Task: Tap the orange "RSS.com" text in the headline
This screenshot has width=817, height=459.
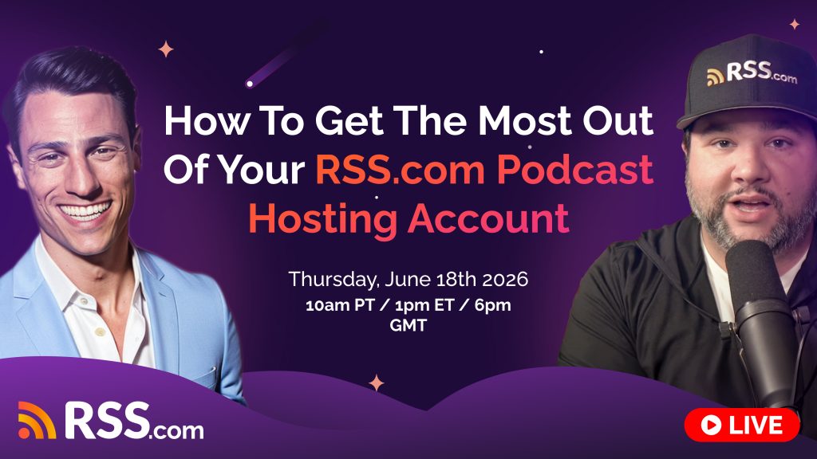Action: click(x=395, y=170)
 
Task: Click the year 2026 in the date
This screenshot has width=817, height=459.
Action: click(x=500, y=280)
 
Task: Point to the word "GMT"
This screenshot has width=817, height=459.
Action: click(x=408, y=325)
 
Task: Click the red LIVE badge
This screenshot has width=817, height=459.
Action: click(x=742, y=426)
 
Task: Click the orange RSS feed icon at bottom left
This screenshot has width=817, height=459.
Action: click(x=37, y=420)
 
